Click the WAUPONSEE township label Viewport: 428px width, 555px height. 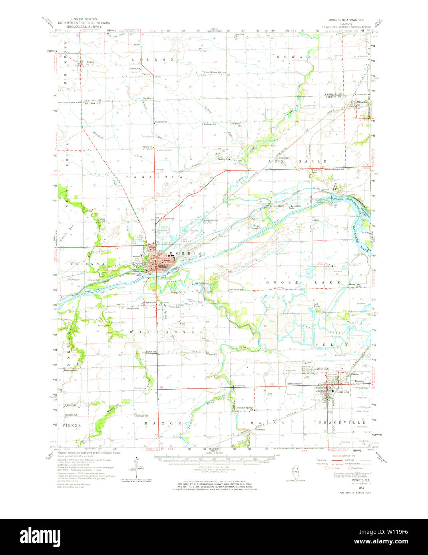(x=167, y=332)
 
